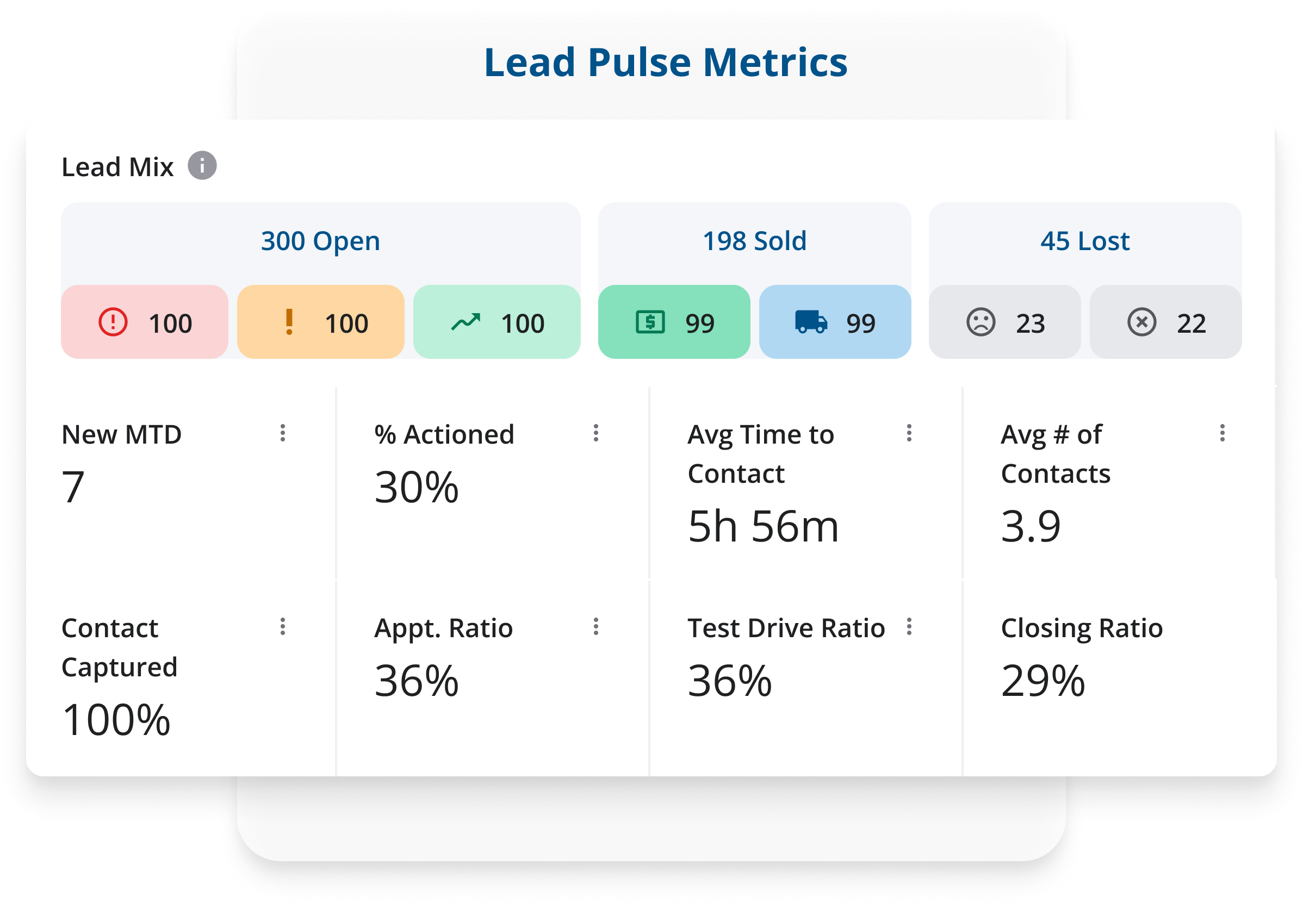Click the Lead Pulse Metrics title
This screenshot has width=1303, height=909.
(x=665, y=63)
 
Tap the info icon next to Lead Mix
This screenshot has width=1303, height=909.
(x=202, y=166)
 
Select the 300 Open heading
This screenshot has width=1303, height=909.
(x=320, y=241)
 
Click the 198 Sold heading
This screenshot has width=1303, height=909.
(x=754, y=241)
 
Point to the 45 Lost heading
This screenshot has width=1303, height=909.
(x=1084, y=241)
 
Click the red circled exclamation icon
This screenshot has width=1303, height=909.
(x=113, y=322)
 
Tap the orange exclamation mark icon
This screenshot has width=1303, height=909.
(x=289, y=322)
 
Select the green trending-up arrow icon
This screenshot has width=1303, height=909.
(x=466, y=322)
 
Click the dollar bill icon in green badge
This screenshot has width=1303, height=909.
(x=650, y=322)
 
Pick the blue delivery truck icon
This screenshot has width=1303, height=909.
(x=811, y=322)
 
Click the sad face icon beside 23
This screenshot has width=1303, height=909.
(x=981, y=322)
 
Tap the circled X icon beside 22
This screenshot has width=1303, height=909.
(x=1141, y=322)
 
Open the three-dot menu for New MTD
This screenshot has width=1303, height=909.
(x=283, y=433)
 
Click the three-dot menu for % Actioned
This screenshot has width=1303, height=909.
(x=596, y=433)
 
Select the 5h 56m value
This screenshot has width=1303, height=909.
(x=763, y=527)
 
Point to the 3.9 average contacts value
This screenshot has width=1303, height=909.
(x=1031, y=527)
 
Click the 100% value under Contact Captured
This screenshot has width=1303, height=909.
(x=116, y=720)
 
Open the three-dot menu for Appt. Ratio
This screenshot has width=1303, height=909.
(x=596, y=626)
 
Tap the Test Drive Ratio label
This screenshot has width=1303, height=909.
(x=786, y=628)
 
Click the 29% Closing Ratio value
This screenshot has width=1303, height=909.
(x=1043, y=681)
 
